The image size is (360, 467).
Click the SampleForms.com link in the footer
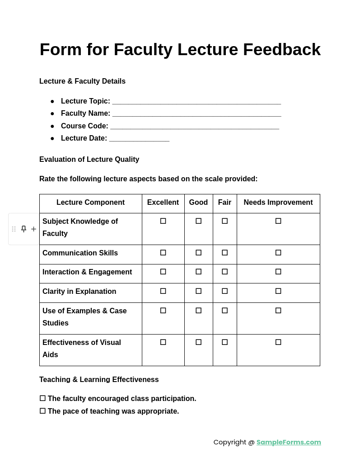coord(289,442)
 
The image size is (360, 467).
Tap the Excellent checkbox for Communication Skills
coord(163,253)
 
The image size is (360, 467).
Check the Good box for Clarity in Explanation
coord(198,291)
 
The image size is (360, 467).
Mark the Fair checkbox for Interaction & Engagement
coord(224,272)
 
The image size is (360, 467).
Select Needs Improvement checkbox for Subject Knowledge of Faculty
coord(278,221)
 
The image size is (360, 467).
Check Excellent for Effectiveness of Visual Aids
coord(163,342)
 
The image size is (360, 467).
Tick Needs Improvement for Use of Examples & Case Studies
coord(278,311)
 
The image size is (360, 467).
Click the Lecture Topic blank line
coord(196,102)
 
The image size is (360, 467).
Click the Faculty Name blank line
coord(196,114)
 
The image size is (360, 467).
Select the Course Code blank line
coord(194,127)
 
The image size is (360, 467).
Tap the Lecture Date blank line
coord(139,139)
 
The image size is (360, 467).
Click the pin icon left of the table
coord(23,229)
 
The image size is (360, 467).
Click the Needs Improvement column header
coord(278,203)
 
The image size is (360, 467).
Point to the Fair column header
coord(224,203)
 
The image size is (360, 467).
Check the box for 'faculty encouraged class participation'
coord(42,398)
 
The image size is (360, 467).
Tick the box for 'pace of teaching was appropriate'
coord(42,411)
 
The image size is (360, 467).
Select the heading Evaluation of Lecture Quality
coord(89,160)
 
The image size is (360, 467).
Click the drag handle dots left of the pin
coord(14,229)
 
